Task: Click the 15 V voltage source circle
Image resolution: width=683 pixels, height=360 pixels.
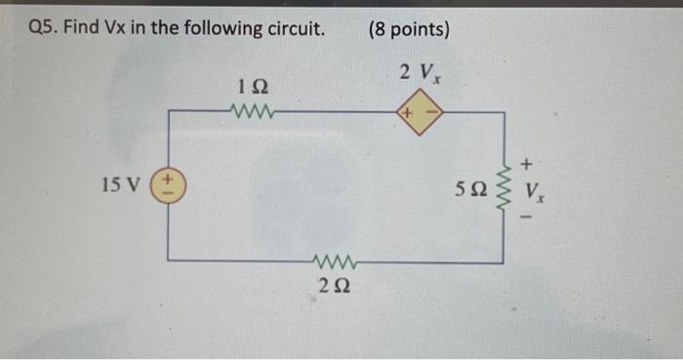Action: click(x=168, y=184)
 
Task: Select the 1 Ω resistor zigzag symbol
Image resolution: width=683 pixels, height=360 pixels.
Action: click(x=254, y=110)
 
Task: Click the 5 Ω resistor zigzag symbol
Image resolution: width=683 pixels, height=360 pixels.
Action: click(x=504, y=186)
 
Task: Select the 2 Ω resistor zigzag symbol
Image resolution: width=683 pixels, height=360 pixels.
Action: click(x=336, y=260)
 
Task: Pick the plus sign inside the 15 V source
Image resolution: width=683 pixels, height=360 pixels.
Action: click(x=168, y=179)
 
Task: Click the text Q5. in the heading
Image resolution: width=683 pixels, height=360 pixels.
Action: click(x=45, y=29)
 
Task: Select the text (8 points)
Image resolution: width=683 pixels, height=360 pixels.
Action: click(x=409, y=29)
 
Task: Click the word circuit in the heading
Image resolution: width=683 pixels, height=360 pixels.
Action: click(x=293, y=29)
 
